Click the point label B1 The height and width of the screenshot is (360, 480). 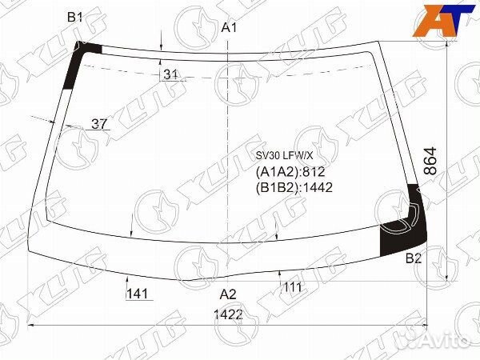(x=75, y=17)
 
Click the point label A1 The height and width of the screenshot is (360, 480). (x=230, y=29)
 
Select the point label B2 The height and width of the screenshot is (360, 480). (x=414, y=258)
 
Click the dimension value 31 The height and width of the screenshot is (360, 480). (x=170, y=74)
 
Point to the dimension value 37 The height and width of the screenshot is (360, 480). (x=99, y=123)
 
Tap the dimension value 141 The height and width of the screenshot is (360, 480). (x=138, y=294)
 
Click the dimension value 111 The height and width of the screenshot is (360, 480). (x=292, y=287)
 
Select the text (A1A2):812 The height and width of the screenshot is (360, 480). (x=290, y=172)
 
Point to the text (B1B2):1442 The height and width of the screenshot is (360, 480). (x=294, y=187)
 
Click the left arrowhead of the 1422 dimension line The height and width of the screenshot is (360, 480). (x=32, y=326)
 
